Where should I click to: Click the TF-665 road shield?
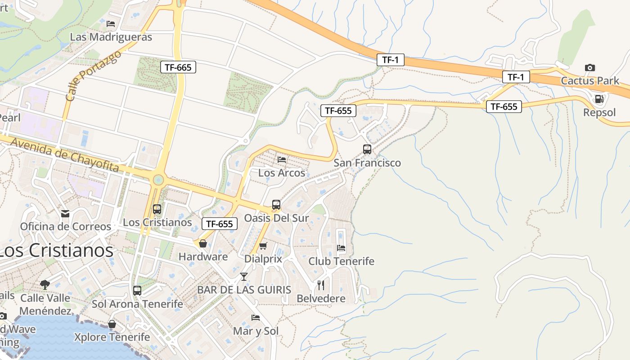click(178, 67)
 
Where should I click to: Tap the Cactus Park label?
click(589, 81)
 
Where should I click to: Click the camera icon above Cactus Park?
click(589, 68)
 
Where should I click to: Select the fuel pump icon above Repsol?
click(599, 99)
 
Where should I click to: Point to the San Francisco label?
click(367, 163)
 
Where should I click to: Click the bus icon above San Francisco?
click(367, 149)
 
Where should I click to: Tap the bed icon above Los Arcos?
click(282, 160)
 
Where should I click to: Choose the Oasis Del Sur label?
click(276, 218)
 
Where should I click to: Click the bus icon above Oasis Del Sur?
click(276, 205)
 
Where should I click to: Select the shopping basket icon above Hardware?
click(203, 243)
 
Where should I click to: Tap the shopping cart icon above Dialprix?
click(263, 246)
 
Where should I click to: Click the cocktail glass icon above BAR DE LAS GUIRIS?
click(244, 276)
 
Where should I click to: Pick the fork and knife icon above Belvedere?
click(321, 285)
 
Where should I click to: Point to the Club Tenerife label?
click(341, 261)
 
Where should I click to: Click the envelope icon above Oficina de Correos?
click(66, 213)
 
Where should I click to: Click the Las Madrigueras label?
click(111, 37)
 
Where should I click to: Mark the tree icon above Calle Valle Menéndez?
click(45, 284)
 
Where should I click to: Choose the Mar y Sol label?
click(256, 331)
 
